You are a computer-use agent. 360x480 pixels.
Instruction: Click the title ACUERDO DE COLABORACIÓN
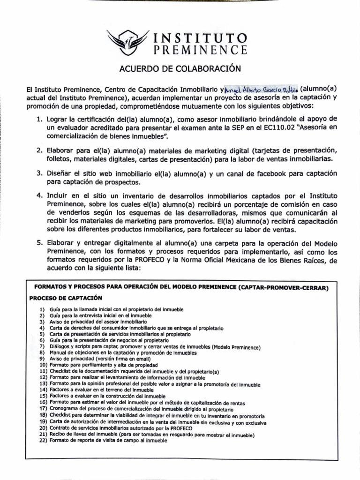click(x=180, y=69)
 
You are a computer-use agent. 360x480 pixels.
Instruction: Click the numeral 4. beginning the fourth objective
click(x=40, y=195)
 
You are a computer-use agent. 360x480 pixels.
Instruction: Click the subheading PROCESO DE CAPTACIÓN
click(x=66, y=298)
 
